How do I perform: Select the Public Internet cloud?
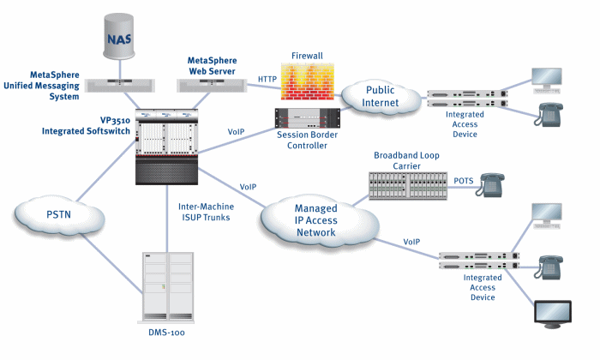tap(378, 96)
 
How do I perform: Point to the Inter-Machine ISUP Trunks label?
tap(207, 212)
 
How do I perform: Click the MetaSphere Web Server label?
tap(213, 65)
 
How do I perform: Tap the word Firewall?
tap(307, 55)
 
